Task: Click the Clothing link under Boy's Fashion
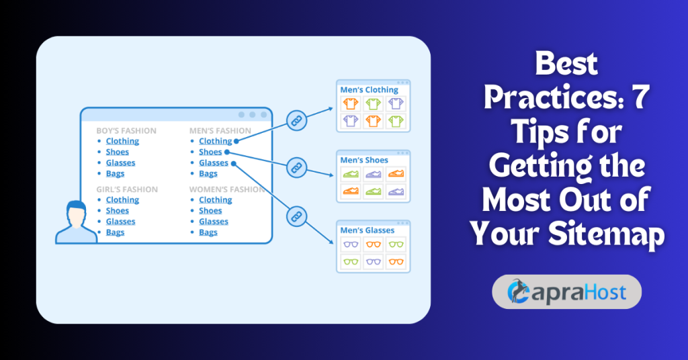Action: tap(122, 141)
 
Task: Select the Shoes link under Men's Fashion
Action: tap(210, 152)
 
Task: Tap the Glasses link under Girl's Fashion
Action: tap(120, 222)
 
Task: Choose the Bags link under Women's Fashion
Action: tap(208, 232)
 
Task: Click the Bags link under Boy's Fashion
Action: tap(115, 174)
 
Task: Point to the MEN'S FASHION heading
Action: tap(220, 130)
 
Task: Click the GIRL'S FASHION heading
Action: tap(127, 189)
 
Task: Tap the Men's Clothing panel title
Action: tap(369, 89)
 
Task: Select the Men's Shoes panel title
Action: tap(364, 160)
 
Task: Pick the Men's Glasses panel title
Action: tap(368, 230)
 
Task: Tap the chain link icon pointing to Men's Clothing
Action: tap(296, 121)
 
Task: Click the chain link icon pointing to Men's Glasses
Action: tap(296, 216)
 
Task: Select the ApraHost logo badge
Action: tap(566, 291)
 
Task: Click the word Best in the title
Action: tap(566, 64)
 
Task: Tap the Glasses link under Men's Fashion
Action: tap(214, 163)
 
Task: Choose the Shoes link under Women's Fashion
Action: tap(210, 211)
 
